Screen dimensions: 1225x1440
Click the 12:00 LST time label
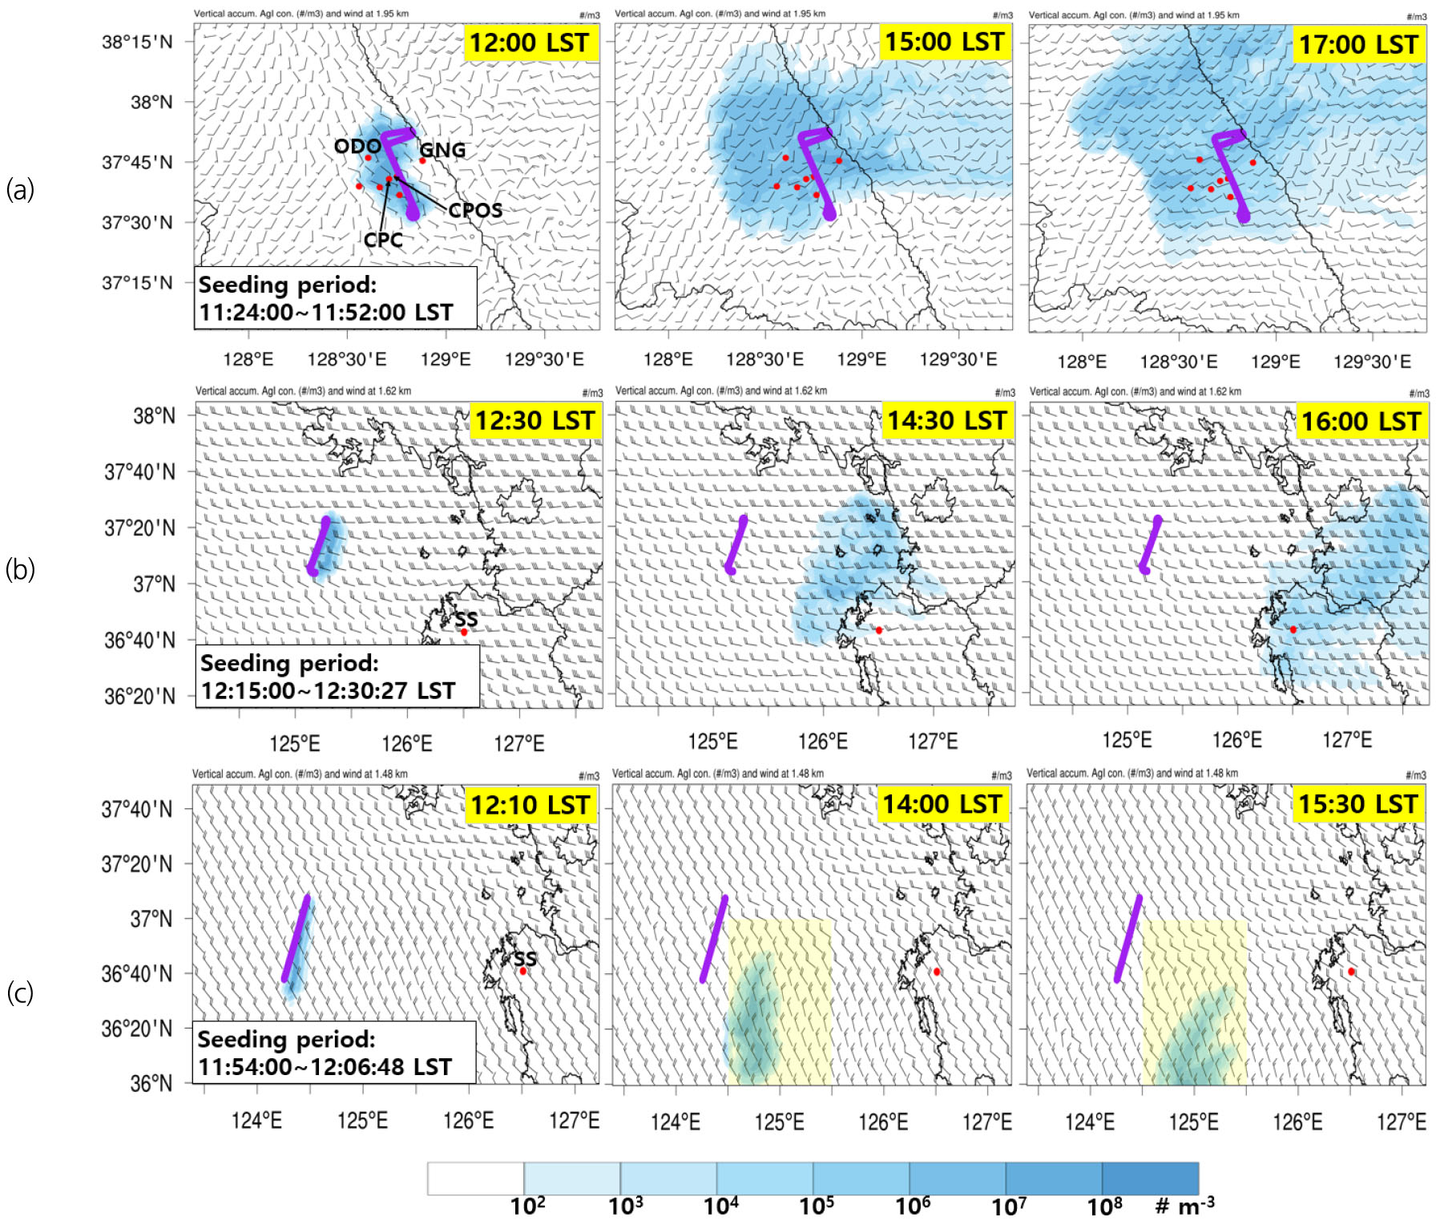(530, 42)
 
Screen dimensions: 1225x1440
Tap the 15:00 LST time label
(945, 42)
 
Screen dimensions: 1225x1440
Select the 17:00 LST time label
(1359, 44)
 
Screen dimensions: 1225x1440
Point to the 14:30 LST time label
(946, 420)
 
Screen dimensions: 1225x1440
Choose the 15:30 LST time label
(1358, 803)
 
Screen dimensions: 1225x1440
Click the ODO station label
(357, 146)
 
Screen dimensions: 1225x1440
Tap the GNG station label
(442, 150)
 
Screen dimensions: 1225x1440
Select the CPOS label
(475, 210)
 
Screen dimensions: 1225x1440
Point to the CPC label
(383, 240)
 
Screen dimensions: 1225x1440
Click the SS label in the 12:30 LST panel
(466, 619)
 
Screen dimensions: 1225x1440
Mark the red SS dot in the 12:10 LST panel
(523, 971)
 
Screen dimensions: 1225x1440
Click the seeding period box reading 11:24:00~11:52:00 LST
(335, 298)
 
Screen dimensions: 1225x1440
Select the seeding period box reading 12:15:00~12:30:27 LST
(337, 677)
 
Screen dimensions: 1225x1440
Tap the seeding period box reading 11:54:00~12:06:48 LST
(333, 1053)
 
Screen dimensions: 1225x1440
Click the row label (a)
(20, 190)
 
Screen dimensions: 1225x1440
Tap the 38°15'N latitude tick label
(137, 42)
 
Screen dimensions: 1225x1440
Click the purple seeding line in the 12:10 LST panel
(296, 938)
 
